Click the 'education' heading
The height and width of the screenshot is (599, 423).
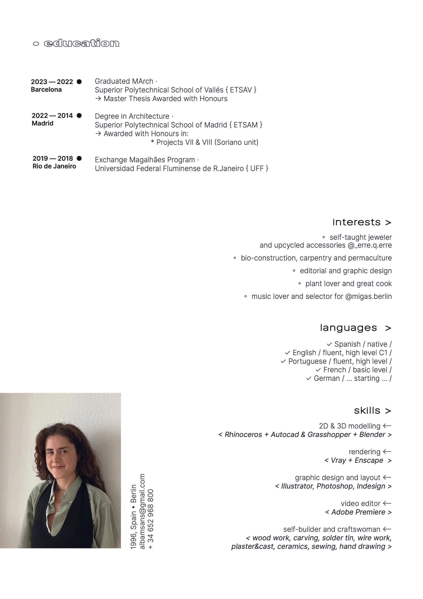81,43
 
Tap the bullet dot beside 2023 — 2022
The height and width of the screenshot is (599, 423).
79,82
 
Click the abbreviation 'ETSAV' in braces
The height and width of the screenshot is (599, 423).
241,90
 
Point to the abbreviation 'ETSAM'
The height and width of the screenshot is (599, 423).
245,125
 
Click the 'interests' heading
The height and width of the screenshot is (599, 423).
356,222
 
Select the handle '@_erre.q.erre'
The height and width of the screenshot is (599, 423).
370,245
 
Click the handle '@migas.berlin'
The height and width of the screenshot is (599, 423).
368,296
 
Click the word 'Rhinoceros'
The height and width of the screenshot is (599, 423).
243,435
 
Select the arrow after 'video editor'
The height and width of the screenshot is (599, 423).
387,503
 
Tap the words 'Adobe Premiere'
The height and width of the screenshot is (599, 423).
358,512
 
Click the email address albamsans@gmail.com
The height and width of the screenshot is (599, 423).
142,512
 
